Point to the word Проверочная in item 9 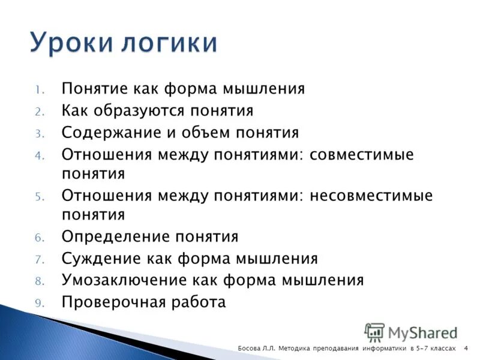point(104,302)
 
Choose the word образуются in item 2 point(151,111)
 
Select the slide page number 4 point(466,349)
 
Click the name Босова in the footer point(248,349)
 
